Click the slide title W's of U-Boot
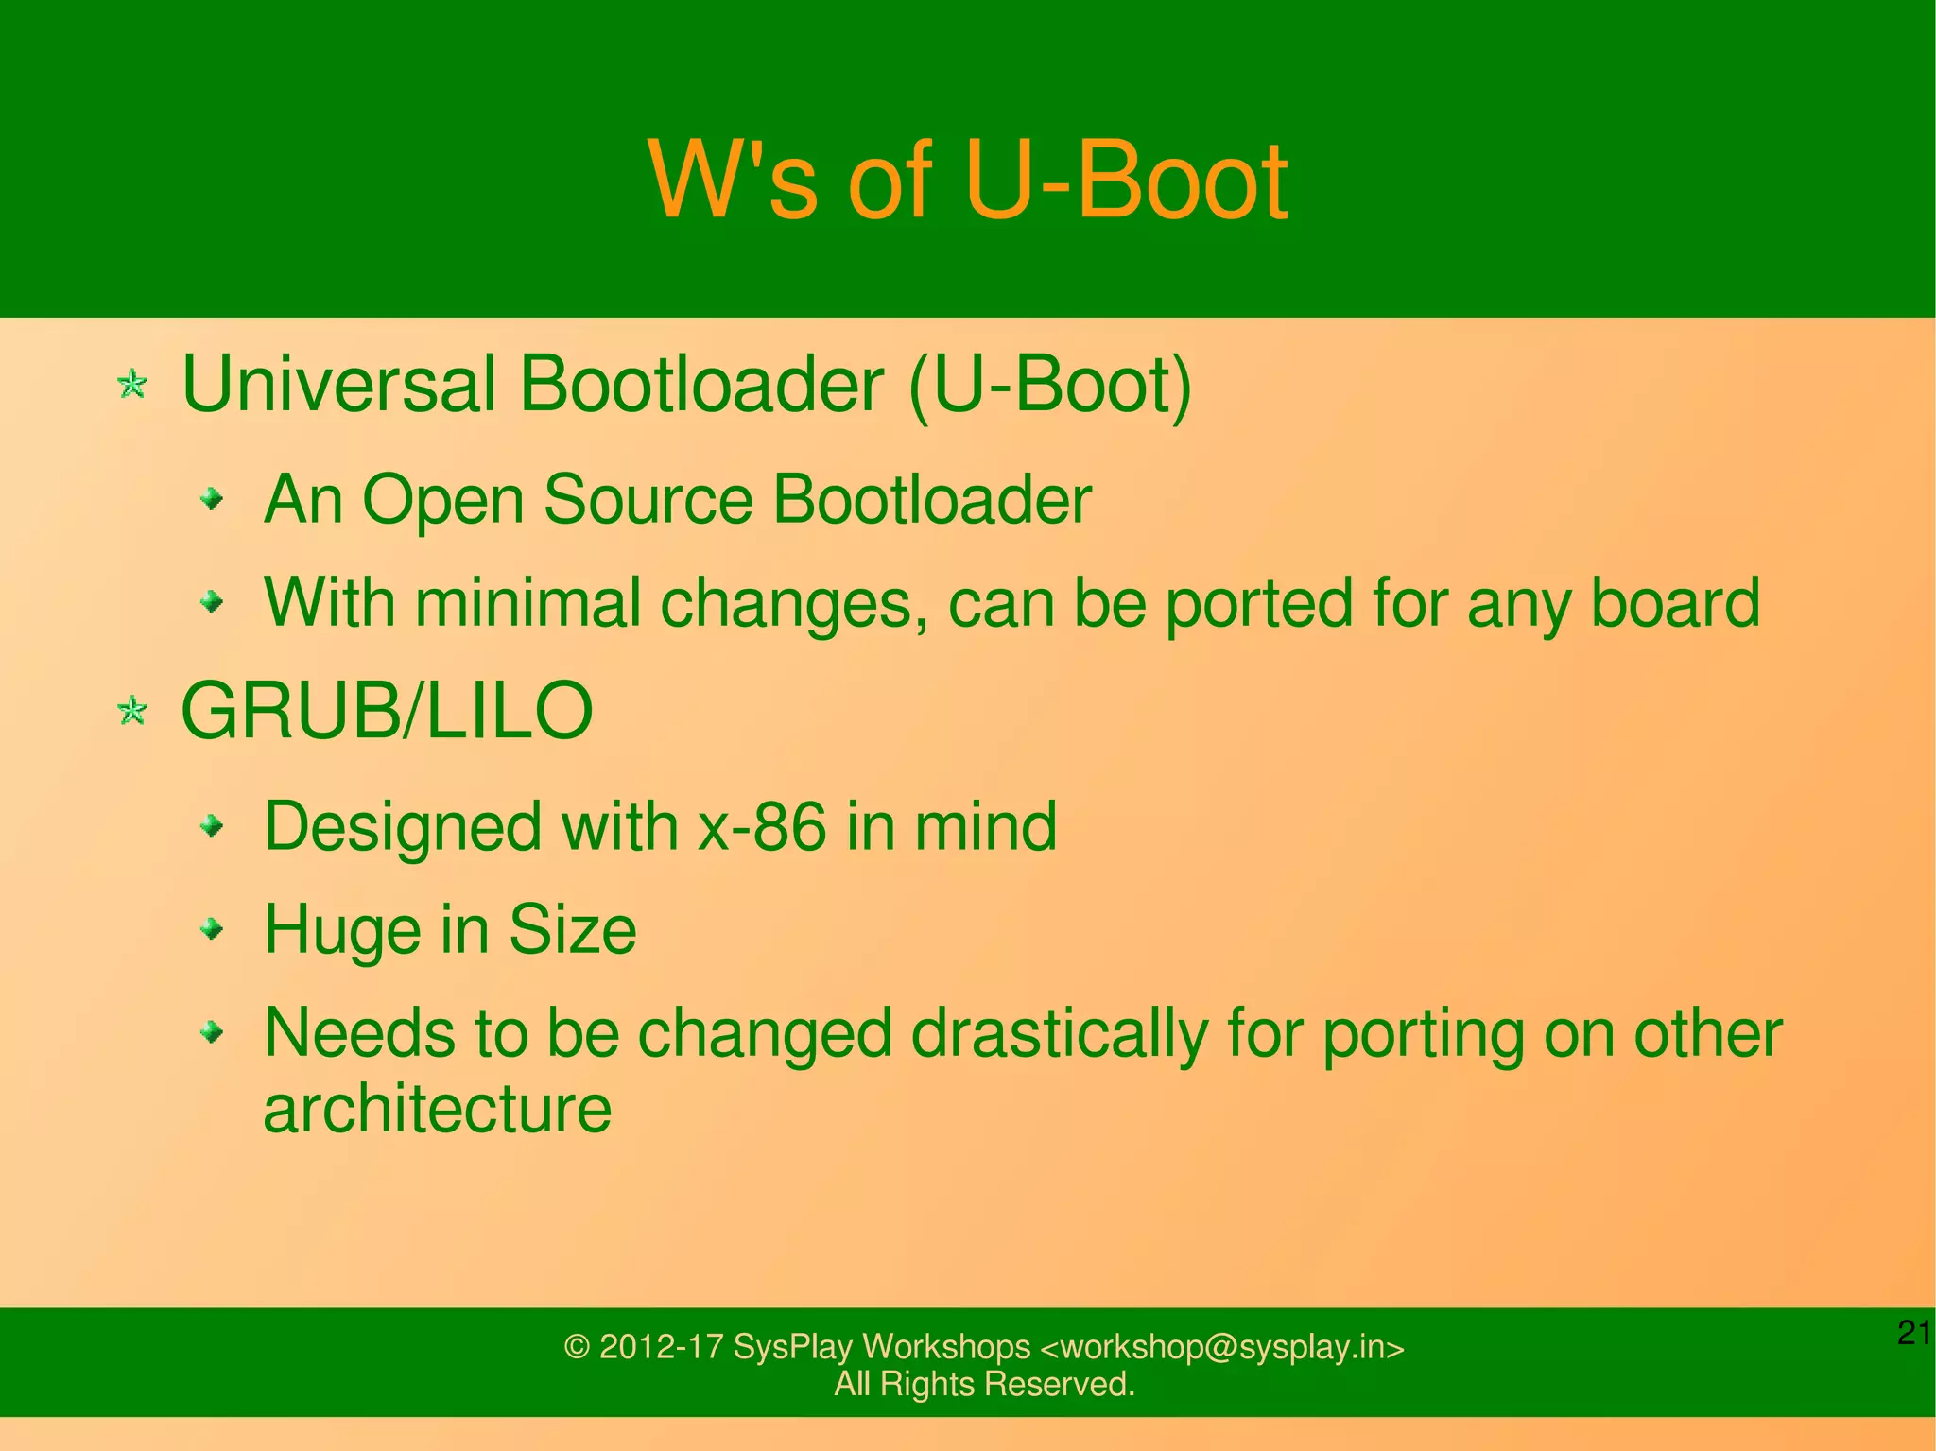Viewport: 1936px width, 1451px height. coord(967,180)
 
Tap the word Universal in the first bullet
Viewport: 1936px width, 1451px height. coord(337,385)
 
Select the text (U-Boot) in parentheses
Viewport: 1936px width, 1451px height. coord(1049,385)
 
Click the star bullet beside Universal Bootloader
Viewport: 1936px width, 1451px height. coord(132,385)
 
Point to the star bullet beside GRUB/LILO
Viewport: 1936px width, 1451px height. coord(132,711)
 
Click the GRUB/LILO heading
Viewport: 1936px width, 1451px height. coord(386,711)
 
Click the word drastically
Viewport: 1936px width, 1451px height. coord(1059,1033)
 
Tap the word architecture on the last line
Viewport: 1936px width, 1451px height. coord(437,1109)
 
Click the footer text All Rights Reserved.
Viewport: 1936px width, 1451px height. coord(984,1385)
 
